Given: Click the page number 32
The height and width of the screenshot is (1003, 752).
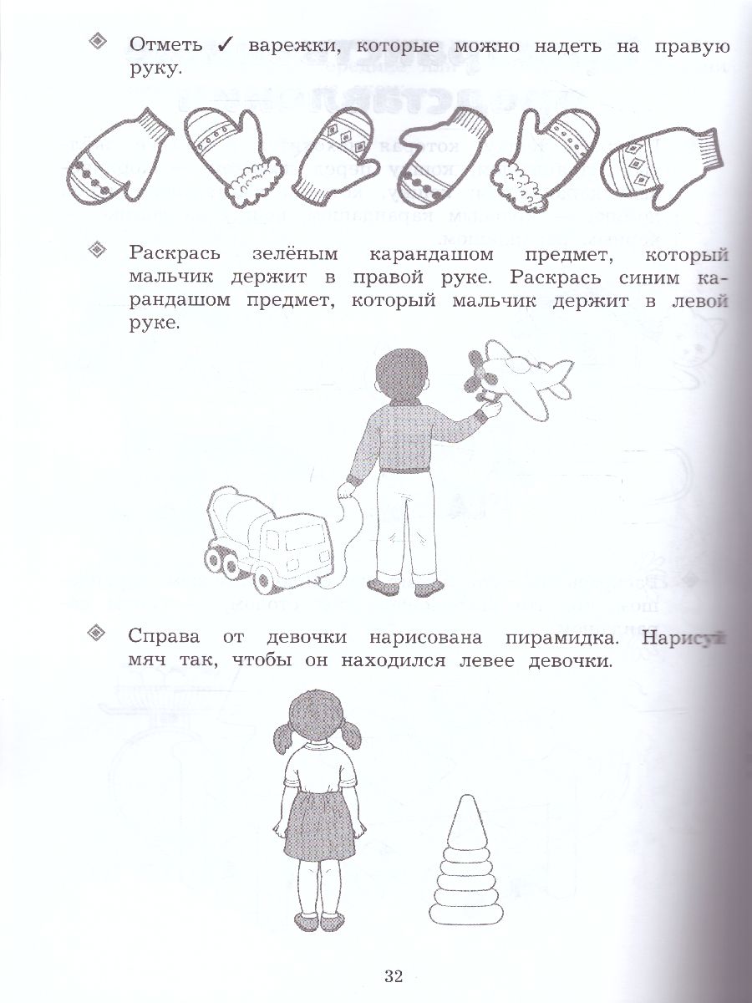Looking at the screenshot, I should (394, 976).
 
